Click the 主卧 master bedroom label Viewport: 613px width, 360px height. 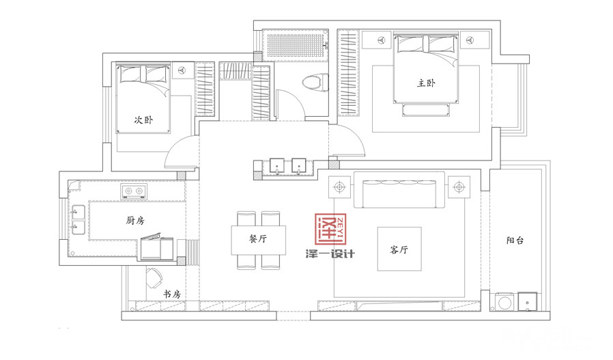pos(426,83)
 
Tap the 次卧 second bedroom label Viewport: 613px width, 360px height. pos(143,120)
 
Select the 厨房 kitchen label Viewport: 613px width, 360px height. pos(135,221)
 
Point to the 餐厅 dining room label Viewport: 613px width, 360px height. pos(258,238)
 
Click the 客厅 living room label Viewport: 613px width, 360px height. pos(399,249)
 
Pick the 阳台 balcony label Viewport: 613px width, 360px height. pos(515,240)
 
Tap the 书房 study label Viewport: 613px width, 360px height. pos(172,294)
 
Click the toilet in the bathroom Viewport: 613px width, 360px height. pos(315,82)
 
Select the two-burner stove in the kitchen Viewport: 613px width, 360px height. pos(134,191)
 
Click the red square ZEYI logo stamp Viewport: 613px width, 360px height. pos(330,230)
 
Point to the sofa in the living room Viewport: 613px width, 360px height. pos(399,190)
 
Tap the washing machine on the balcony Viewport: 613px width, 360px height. pos(504,302)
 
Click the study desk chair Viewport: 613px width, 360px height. pos(154,277)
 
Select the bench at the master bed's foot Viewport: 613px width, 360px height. pos(426,111)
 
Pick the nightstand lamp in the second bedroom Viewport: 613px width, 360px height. pos(182,70)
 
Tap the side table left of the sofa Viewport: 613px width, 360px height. pos(340,187)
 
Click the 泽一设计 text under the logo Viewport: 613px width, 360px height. pos(330,254)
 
